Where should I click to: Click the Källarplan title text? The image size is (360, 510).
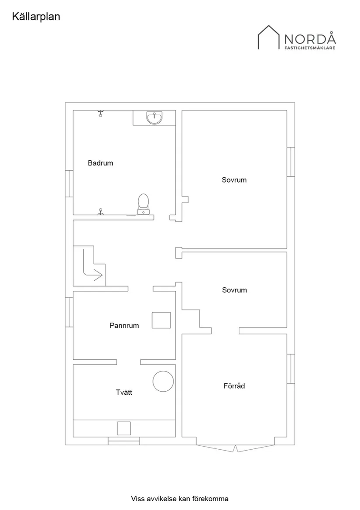(36, 17)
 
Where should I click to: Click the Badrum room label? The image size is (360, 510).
(100, 163)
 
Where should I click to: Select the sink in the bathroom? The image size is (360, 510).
(154, 118)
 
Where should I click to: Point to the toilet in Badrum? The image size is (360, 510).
(143, 205)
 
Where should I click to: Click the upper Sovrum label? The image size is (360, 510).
(234, 180)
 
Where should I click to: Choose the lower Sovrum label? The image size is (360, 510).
(234, 290)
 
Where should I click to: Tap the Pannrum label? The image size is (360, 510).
(124, 325)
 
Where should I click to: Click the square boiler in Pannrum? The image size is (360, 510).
(161, 320)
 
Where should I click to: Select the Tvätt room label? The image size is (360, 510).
(124, 392)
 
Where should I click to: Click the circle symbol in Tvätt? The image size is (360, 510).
(163, 371)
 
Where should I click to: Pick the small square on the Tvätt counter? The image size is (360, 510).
(124, 428)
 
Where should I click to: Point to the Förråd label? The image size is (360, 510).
(234, 386)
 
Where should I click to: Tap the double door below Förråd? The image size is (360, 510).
(236, 448)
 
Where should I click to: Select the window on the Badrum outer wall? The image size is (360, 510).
(69, 184)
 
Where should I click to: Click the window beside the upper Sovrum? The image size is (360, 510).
(291, 162)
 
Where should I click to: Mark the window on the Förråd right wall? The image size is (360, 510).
(291, 369)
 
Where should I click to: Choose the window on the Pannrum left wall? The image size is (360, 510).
(69, 312)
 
